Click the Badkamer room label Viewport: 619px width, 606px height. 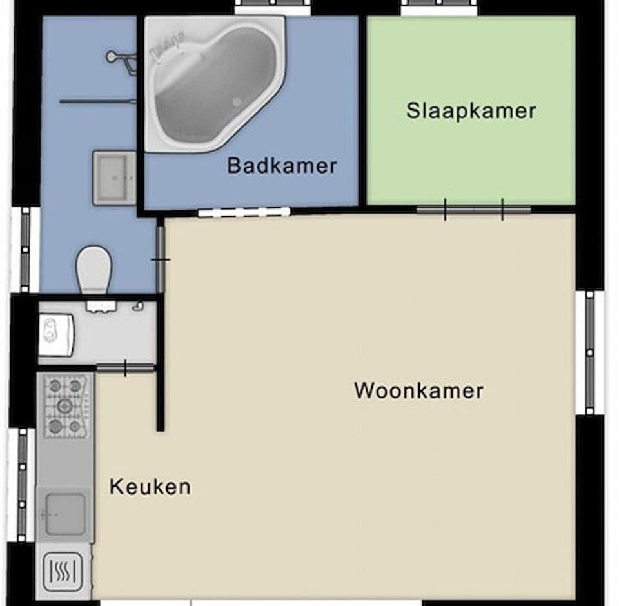(x=282, y=166)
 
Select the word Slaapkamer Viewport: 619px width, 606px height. (x=471, y=110)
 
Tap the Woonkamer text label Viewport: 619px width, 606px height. (x=418, y=390)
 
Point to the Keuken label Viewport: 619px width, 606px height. (x=150, y=486)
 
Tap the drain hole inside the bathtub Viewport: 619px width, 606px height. (x=237, y=101)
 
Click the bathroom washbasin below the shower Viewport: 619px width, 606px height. (x=114, y=177)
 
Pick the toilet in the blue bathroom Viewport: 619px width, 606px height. (x=94, y=269)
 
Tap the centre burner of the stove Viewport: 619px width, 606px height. (x=64, y=406)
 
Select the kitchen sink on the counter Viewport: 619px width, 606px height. (x=65, y=514)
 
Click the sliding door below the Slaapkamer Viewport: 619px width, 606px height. (x=473, y=210)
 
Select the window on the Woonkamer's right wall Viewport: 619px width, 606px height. (x=589, y=352)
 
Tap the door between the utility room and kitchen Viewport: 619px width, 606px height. (x=125, y=369)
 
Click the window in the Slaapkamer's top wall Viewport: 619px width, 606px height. (x=439, y=8)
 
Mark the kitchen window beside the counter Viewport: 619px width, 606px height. (x=23, y=484)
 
